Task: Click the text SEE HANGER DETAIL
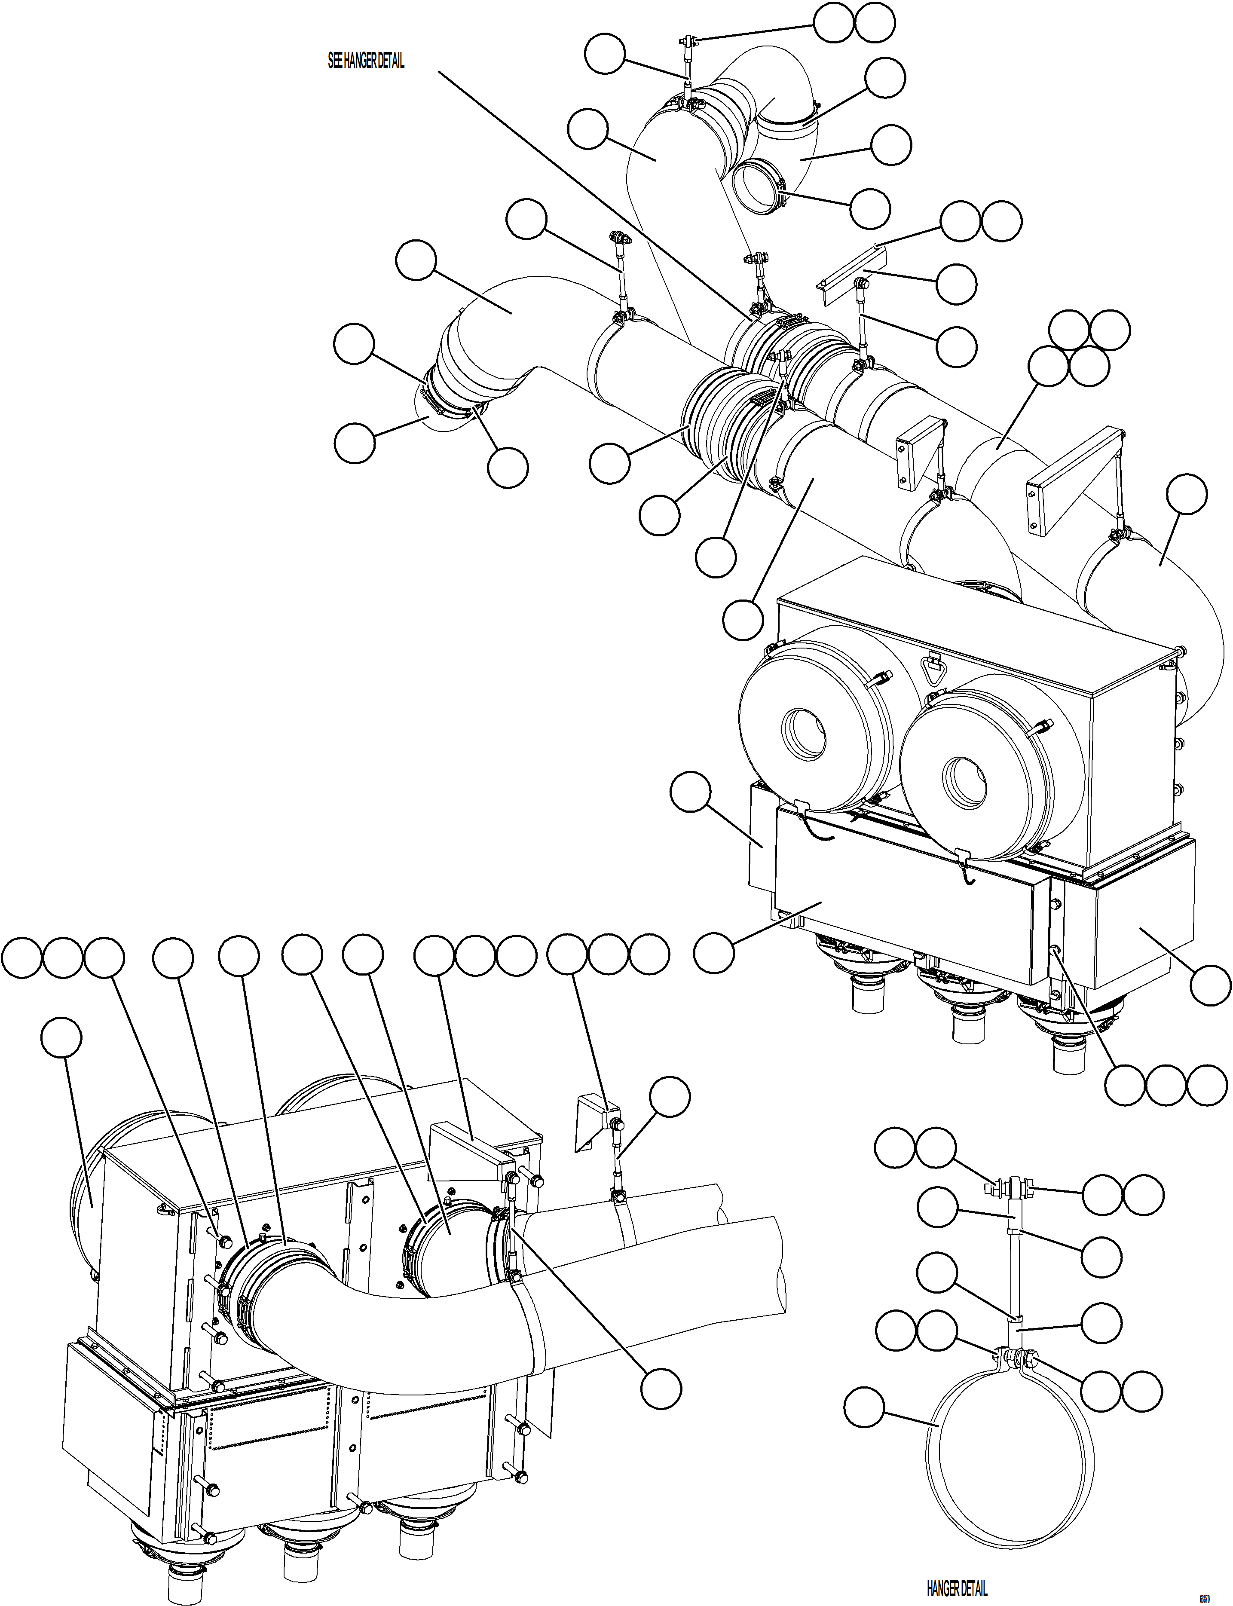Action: coord(365,61)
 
